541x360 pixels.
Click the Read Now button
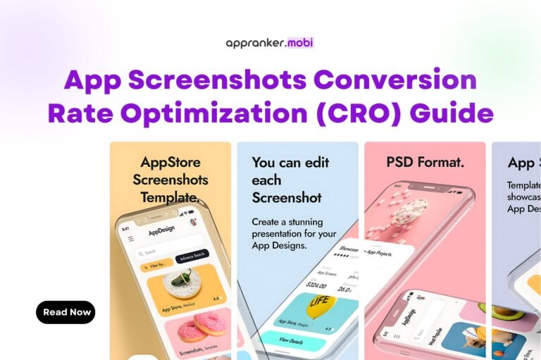pyautogui.click(x=66, y=312)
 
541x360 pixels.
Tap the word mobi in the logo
pyautogui.click(x=299, y=42)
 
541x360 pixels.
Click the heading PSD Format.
pyautogui.click(x=425, y=162)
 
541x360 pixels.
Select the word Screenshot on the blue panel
pyautogui.click(x=287, y=197)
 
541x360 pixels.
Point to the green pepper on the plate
pyautogui.click(x=181, y=281)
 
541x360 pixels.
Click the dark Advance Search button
pyautogui.click(x=192, y=257)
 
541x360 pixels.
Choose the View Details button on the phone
pyautogui.click(x=290, y=340)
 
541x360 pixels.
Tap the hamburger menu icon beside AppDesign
pyautogui.click(x=130, y=239)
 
